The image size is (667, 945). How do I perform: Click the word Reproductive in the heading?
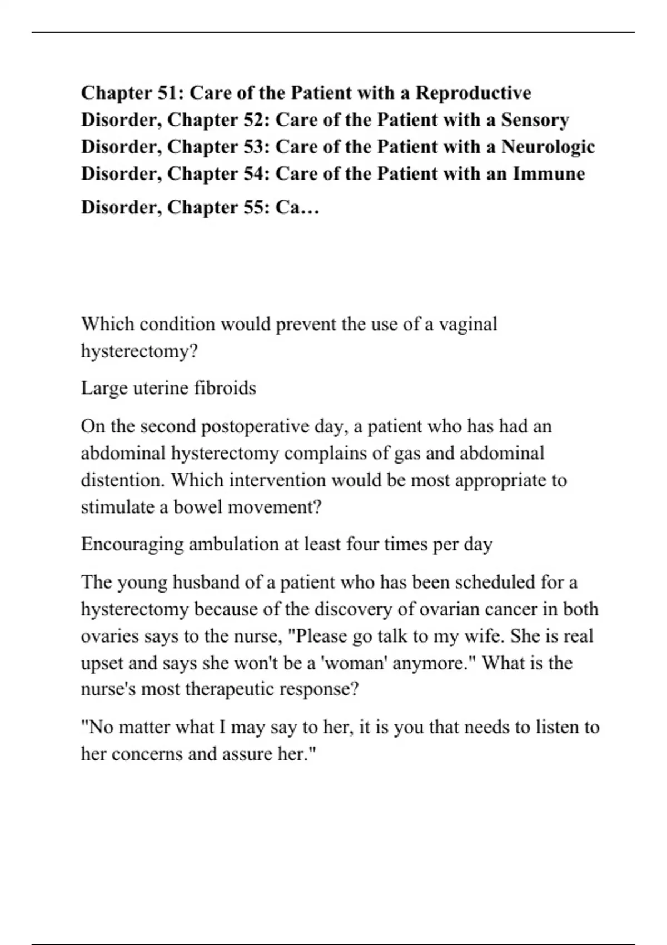click(473, 93)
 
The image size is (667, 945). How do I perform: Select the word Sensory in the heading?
click(535, 120)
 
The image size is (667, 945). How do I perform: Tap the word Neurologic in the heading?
click(548, 147)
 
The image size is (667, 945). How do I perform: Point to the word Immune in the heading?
click(549, 173)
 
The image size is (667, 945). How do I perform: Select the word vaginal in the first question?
click(468, 324)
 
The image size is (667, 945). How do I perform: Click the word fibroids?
click(225, 387)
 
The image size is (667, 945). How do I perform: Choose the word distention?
click(123, 480)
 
